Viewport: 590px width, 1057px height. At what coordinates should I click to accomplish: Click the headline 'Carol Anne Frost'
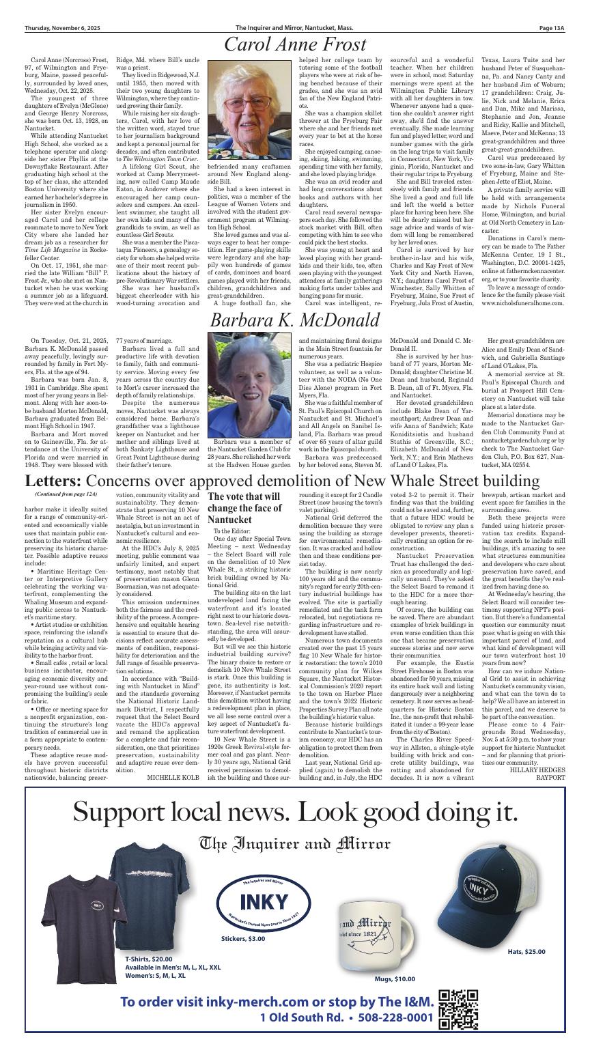click(294, 45)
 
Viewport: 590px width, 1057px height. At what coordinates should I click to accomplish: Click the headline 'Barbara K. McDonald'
click(294, 320)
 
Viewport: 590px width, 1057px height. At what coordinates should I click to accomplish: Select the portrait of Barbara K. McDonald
click(249, 385)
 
